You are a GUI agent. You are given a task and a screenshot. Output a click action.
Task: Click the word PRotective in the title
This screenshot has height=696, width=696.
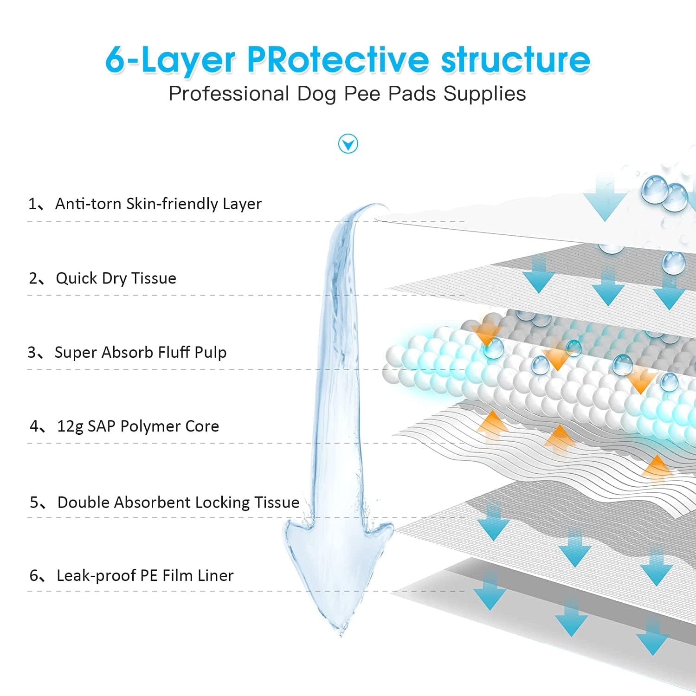tap(338, 60)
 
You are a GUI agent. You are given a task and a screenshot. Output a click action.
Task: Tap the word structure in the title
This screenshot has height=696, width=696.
tap(515, 60)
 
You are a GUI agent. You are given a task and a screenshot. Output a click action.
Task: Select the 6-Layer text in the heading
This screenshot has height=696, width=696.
tap(170, 60)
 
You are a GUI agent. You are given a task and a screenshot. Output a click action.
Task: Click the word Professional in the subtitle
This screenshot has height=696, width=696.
tap(229, 94)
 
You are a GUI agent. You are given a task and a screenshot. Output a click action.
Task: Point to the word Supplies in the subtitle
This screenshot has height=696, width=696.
tap(484, 94)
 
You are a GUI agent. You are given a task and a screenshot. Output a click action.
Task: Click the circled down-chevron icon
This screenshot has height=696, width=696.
tap(348, 144)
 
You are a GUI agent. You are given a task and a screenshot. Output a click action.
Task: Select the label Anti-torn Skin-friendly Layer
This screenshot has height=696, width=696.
tap(158, 204)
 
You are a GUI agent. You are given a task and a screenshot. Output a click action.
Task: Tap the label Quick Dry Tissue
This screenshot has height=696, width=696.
tap(116, 278)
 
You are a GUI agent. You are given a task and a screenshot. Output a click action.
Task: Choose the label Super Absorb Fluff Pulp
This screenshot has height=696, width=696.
tap(141, 352)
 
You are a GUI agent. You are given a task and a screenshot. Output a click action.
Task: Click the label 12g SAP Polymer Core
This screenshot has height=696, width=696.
tap(138, 426)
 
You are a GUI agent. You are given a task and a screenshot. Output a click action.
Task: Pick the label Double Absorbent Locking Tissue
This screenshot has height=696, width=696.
tap(178, 502)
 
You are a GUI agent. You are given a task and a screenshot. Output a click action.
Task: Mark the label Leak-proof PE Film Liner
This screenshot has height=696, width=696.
tap(145, 575)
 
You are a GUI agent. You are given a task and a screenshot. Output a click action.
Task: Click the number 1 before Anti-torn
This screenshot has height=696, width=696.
tap(32, 204)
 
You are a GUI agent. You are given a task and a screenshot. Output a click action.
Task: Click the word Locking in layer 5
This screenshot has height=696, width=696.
tap(222, 502)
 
